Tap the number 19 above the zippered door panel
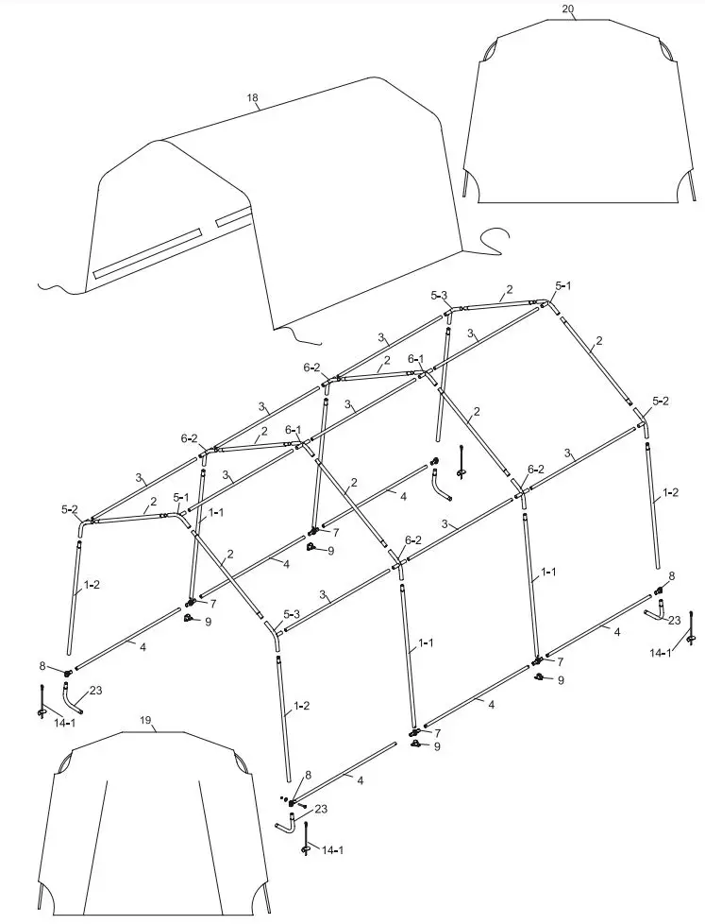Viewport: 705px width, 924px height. (x=145, y=720)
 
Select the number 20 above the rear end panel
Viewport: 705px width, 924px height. (x=568, y=9)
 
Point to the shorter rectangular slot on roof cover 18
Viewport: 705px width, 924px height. (x=233, y=218)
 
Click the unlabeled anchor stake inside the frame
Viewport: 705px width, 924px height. (x=462, y=463)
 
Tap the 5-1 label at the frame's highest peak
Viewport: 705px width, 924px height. (x=563, y=284)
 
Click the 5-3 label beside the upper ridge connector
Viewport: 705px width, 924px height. (x=439, y=296)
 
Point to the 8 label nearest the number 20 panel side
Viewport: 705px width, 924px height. (x=671, y=575)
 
